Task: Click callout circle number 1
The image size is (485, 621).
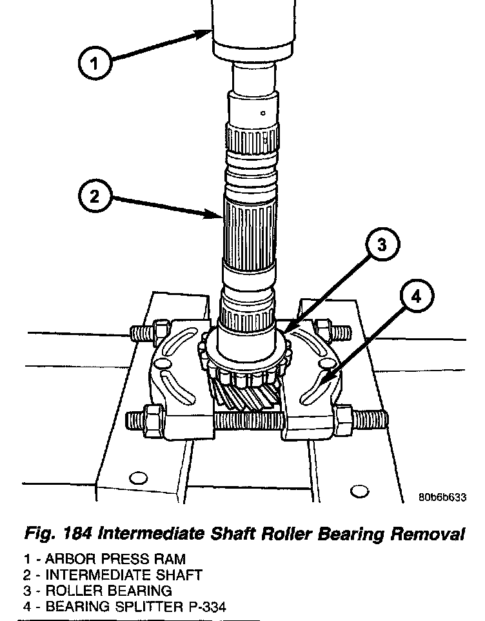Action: point(95,63)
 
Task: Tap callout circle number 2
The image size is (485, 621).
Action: point(95,196)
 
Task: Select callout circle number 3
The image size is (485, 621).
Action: point(382,244)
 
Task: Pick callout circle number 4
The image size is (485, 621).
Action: point(417,296)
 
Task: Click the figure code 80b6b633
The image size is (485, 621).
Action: point(442,497)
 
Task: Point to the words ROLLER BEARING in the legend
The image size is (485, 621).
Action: point(108,591)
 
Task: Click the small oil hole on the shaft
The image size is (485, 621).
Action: point(263,113)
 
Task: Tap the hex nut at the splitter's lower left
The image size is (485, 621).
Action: point(154,417)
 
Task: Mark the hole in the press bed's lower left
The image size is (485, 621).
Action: point(138,478)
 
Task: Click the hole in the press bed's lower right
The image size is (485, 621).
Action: point(360,491)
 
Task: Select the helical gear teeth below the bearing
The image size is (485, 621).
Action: point(247,398)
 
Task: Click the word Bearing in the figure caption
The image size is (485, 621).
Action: point(350,534)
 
